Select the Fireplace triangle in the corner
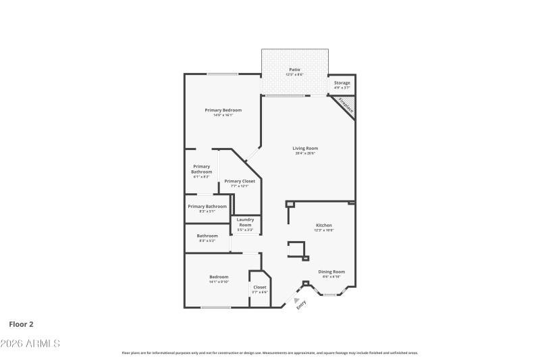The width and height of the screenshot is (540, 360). [347, 105]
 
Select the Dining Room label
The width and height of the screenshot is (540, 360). [331, 273]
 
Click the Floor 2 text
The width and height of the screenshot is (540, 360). [21, 324]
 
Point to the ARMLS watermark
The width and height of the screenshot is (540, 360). [30, 344]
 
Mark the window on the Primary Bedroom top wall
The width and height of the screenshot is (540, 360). [217, 74]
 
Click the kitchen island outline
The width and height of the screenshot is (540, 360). [296, 249]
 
